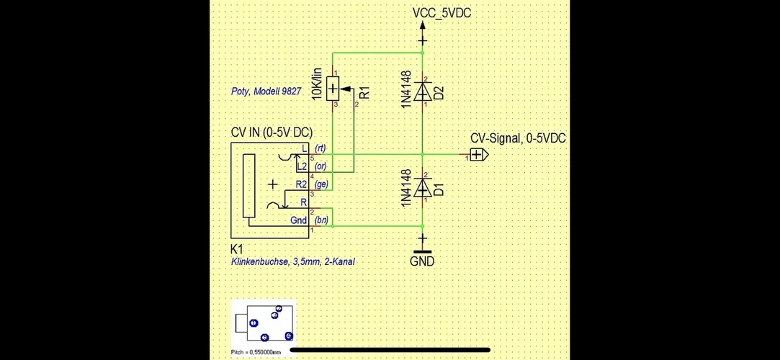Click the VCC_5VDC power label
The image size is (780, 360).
click(x=441, y=14)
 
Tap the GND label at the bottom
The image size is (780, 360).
click(x=422, y=261)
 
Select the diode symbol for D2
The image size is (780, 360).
click(x=423, y=91)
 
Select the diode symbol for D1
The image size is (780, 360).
click(x=423, y=188)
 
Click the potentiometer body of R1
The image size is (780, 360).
click(x=333, y=89)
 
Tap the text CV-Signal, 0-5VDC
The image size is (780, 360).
click(x=517, y=138)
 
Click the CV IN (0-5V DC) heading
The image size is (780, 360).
click(x=272, y=132)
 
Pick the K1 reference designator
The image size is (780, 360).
click(x=237, y=248)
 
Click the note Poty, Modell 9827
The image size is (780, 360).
click(x=266, y=91)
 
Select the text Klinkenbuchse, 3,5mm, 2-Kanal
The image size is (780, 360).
click(x=292, y=262)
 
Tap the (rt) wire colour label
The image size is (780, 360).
click(x=320, y=148)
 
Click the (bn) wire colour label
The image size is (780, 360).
click(x=321, y=220)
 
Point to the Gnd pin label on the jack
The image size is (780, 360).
click(x=299, y=220)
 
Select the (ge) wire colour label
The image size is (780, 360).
click(x=321, y=184)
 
